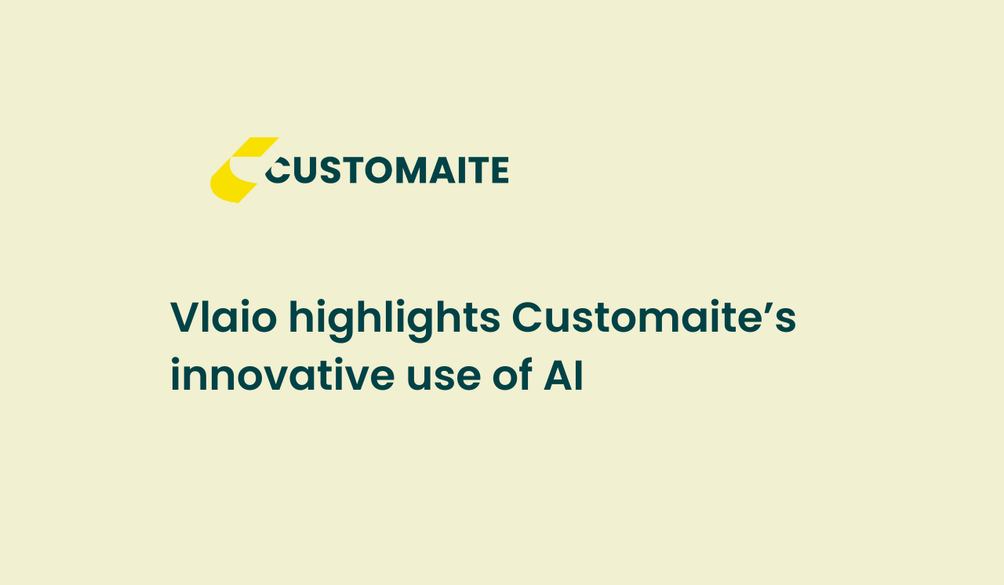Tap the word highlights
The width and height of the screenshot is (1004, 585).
tap(395, 320)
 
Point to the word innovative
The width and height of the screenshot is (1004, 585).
tap(282, 375)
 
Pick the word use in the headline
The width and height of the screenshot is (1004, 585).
tap(444, 379)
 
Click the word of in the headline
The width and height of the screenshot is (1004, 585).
tap(512, 375)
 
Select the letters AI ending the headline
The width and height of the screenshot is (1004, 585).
tap(563, 375)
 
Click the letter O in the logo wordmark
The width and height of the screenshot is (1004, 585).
tap(379, 170)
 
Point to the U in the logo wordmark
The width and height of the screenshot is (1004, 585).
tap(306, 171)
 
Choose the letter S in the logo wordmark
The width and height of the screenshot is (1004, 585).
tap(331, 170)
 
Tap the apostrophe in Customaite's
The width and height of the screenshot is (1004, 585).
tap(766, 307)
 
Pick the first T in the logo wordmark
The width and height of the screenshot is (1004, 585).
tap(354, 170)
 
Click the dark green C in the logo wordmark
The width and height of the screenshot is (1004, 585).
tap(278, 171)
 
